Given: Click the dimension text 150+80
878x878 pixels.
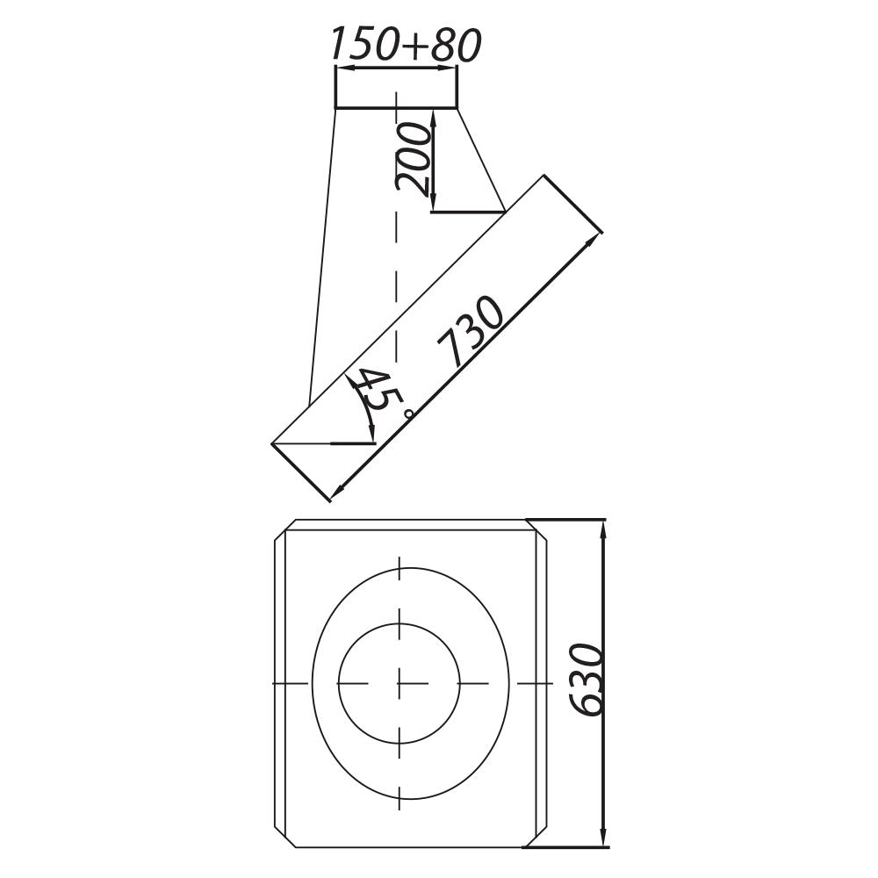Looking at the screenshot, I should tap(405, 45).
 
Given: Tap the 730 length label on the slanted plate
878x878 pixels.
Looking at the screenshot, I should tap(474, 331).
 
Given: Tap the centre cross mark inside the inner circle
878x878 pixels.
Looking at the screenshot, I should tap(399, 682).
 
